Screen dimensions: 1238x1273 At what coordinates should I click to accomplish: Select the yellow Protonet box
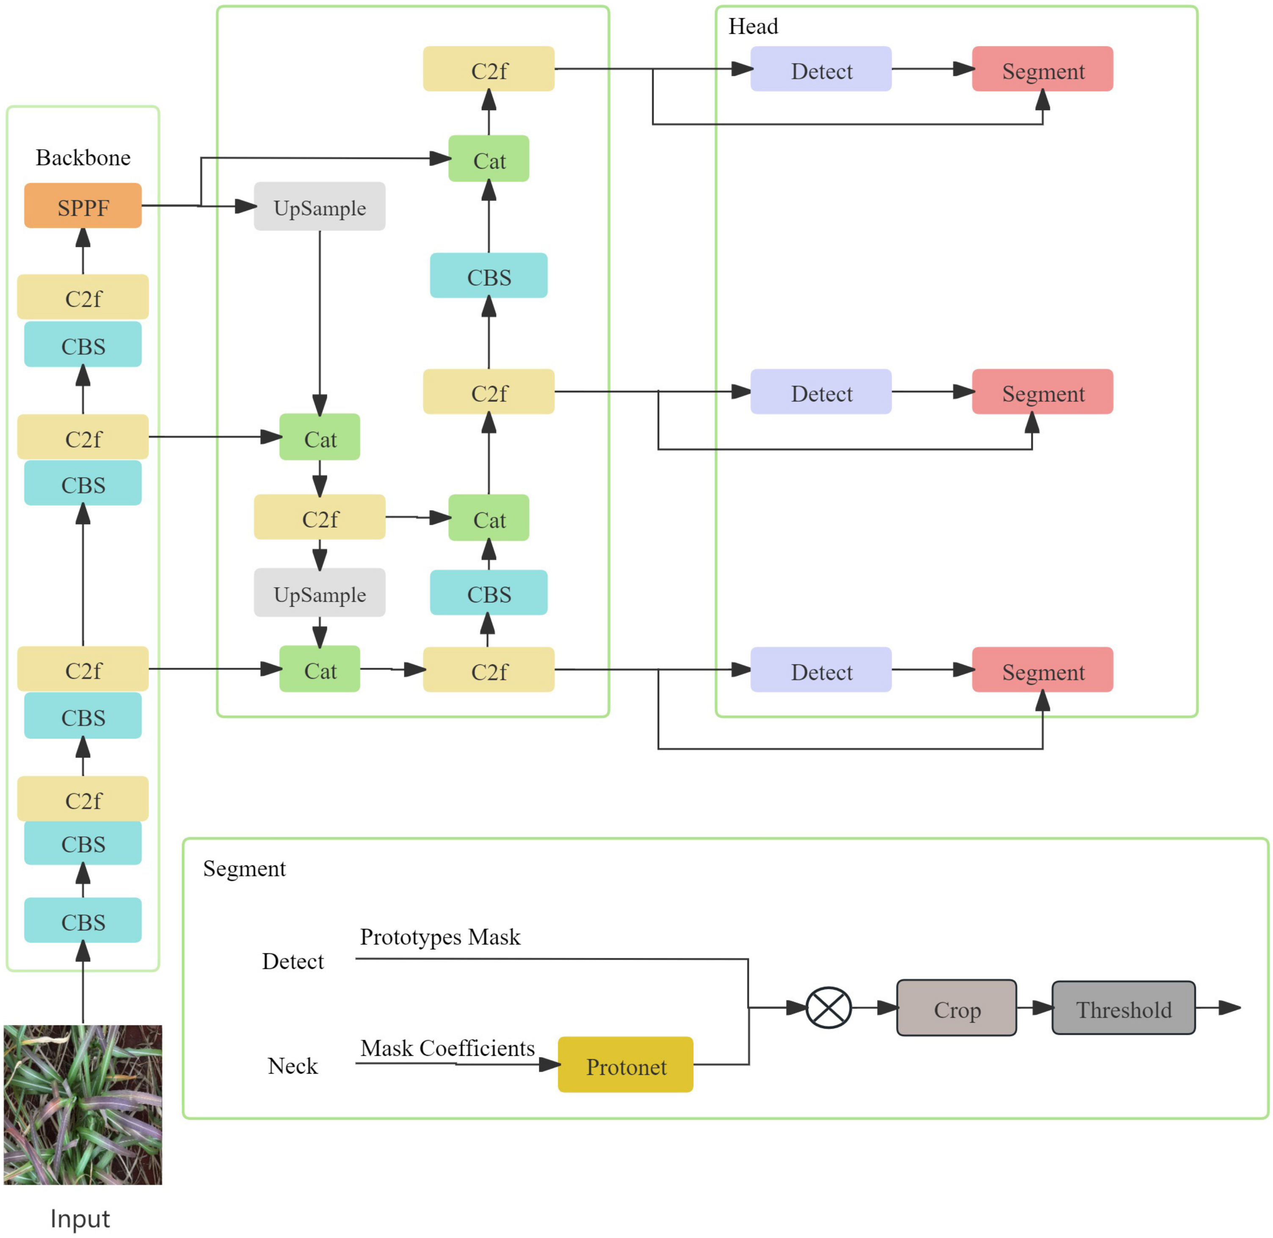[625, 1064]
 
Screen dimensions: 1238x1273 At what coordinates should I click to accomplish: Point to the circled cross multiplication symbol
[828, 1008]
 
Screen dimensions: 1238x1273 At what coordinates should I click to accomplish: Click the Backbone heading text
[83, 157]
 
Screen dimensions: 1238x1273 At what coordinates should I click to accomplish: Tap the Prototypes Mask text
[440, 936]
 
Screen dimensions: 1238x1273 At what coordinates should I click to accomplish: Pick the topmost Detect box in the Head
[821, 69]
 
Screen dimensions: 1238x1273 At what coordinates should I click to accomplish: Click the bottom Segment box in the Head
[1042, 670]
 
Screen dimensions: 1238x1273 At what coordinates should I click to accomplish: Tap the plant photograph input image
[83, 1105]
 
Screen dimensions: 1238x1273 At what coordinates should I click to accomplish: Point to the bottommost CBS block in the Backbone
[83, 920]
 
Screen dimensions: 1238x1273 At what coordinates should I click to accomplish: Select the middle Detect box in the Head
[821, 391]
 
